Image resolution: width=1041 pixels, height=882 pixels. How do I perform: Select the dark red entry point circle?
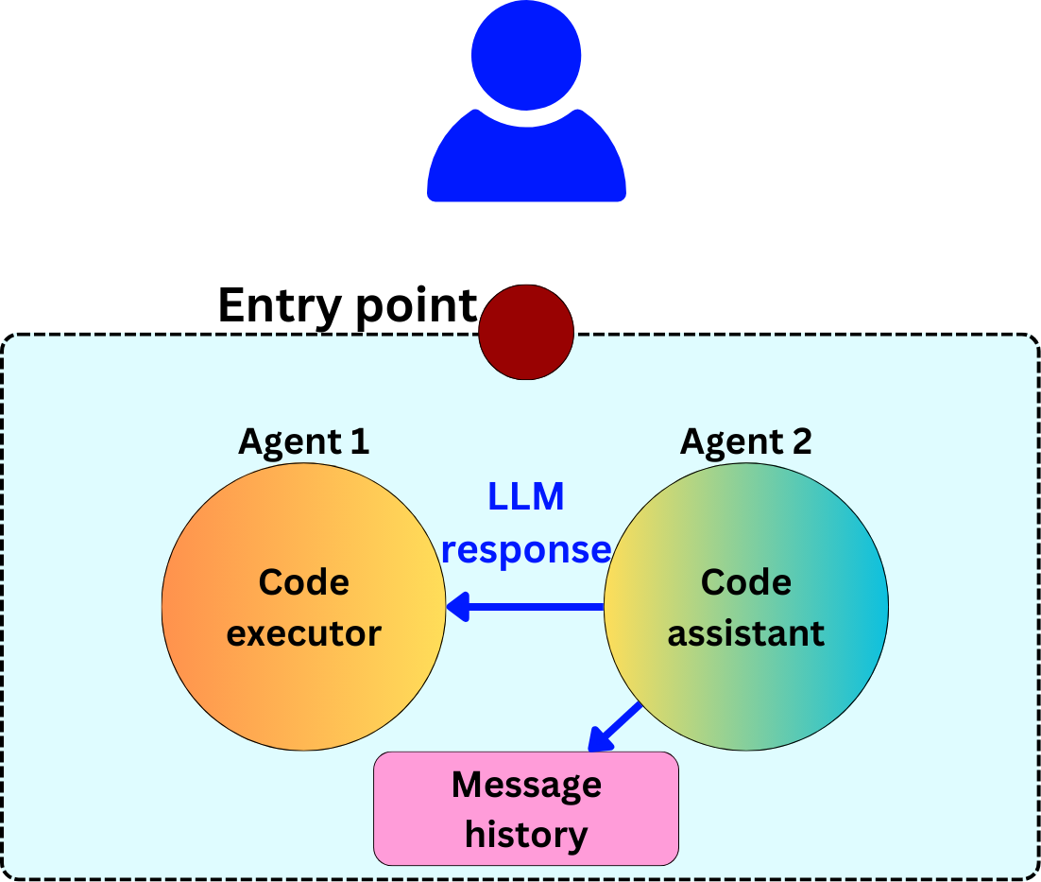point(526,332)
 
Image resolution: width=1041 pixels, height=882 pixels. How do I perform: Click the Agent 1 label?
point(303,441)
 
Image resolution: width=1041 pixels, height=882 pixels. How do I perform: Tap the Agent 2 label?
point(745,441)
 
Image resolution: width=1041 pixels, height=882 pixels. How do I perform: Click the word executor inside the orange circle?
point(303,632)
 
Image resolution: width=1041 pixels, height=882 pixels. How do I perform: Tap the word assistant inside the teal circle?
point(745,632)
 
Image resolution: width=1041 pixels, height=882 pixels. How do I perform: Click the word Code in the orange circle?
point(303,582)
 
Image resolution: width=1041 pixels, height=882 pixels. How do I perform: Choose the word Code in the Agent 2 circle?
point(745,582)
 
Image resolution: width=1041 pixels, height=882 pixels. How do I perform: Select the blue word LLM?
point(526,497)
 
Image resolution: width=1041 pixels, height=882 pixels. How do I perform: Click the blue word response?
point(526,549)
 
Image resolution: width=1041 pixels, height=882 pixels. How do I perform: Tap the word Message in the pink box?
point(526,785)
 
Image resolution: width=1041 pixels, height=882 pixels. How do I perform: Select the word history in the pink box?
point(526,835)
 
